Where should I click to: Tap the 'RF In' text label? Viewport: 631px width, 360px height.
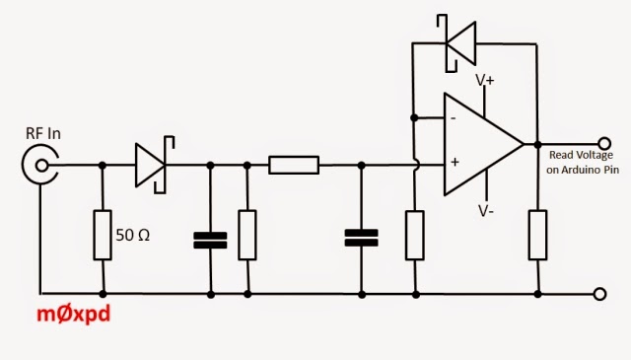tap(43, 134)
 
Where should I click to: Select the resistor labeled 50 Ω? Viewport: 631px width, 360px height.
tap(103, 235)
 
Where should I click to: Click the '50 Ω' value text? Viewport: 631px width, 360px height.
tap(132, 235)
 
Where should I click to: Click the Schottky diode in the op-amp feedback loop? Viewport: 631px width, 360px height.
tap(456, 43)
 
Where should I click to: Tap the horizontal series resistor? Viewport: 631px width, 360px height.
tap(294, 165)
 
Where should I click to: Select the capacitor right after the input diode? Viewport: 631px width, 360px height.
tap(210, 240)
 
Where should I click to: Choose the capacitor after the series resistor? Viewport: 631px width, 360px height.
tap(362, 238)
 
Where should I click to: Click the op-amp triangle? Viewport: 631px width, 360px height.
tap(483, 144)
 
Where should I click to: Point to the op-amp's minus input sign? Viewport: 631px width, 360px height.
tap(454, 118)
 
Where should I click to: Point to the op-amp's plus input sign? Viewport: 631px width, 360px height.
tap(455, 162)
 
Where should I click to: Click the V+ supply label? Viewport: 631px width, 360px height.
tap(484, 80)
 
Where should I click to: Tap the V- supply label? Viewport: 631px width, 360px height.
tap(486, 211)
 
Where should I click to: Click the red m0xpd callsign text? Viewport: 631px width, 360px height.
tap(73, 314)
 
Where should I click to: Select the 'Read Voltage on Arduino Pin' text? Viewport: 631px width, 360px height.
tap(583, 163)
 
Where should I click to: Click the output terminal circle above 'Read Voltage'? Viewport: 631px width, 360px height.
tap(604, 143)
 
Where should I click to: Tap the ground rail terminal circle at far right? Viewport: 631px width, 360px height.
tap(599, 294)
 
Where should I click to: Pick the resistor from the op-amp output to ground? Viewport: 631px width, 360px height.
tap(537, 235)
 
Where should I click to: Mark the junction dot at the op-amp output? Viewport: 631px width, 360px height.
tap(537, 144)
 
